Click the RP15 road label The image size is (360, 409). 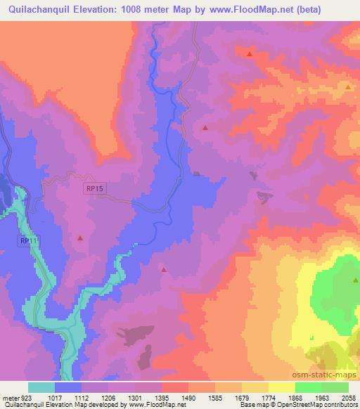point(95,188)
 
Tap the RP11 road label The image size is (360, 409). point(27,241)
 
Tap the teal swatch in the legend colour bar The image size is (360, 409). point(41,387)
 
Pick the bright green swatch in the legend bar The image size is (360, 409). point(308,387)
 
